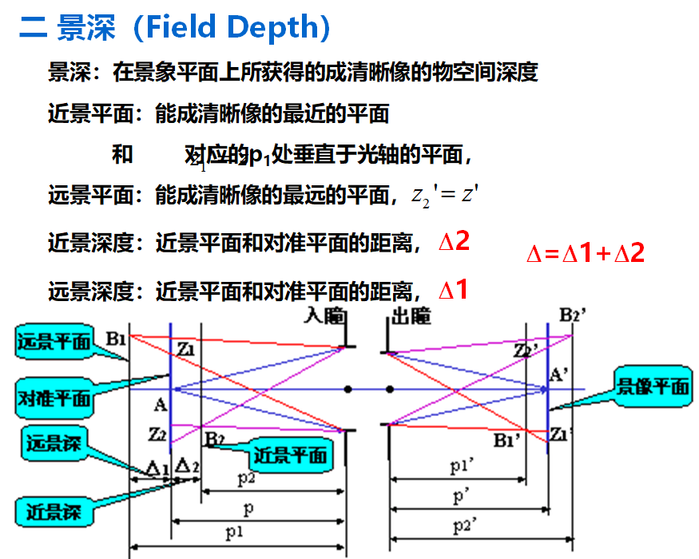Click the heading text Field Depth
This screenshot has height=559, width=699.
coord(228,28)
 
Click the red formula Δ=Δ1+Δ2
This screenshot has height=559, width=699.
coord(585,253)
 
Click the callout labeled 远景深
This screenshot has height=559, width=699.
coord(54,444)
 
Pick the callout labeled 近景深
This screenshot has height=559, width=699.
coord(54,509)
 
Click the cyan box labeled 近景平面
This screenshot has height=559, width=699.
coord(289,455)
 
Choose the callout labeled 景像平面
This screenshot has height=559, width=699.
coord(652,387)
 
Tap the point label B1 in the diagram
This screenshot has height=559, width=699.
coord(117,339)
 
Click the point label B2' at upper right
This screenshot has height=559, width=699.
coord(573,315)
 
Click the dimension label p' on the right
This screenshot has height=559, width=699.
coord(461,497)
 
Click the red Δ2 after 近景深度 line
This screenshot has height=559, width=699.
coord(454,242)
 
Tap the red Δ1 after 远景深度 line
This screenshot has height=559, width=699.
coord(453,290)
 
